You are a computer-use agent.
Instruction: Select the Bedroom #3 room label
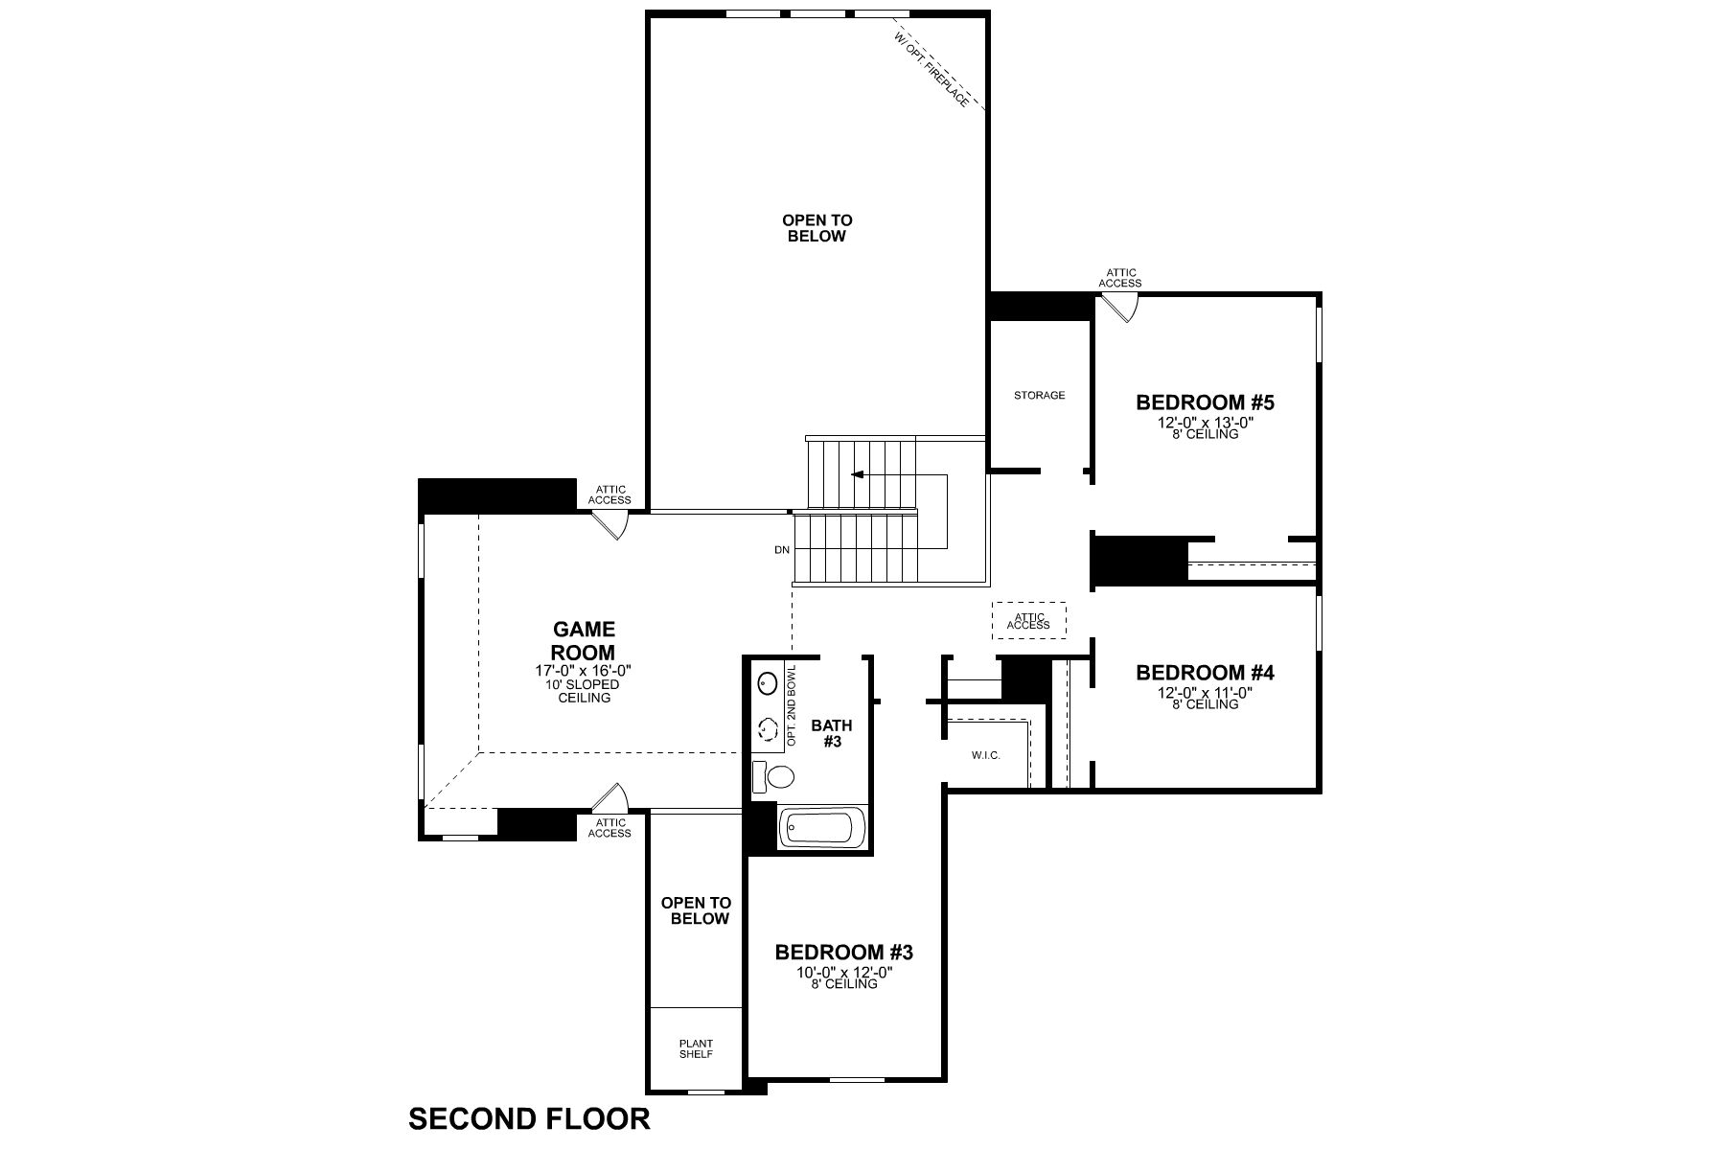coord(843,952)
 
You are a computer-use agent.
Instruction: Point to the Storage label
coord(1039,395)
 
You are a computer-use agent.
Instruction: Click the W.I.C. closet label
coord(985,755)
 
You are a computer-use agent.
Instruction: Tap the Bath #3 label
coord(831,733)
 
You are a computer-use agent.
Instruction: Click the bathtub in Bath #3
coord(822,827)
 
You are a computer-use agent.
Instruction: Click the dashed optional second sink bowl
coord(768,729)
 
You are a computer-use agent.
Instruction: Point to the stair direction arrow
coord(857,474)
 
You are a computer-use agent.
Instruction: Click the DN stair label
coord(782,550)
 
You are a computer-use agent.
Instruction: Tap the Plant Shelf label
coord(696,1048)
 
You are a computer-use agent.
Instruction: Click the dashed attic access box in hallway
coord(1028,620)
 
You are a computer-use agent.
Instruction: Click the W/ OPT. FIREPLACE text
coord(931,69)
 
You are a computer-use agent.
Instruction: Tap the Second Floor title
coord(529,1118)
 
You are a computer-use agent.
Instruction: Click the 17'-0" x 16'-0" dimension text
coord(584,671)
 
